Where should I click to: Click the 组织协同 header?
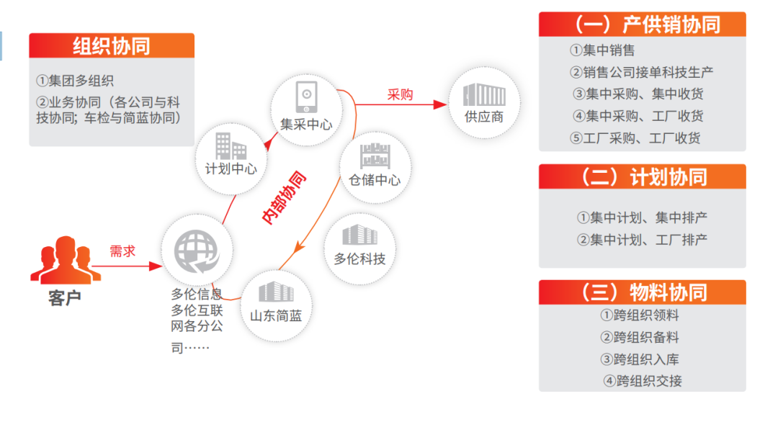click(x=112, y=46)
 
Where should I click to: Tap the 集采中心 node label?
click(x=306, y=124)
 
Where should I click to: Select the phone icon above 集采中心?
click(x=307, y=96)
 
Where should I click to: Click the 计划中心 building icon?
click(x=231, y=146)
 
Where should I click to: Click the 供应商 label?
click(x=484, y=117)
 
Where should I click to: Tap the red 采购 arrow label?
click(x=400, y=94)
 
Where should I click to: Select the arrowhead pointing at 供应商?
click(x=441, y=104)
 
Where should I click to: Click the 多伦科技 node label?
click(x=359, y=259)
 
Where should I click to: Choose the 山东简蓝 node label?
click(x=276, y=316)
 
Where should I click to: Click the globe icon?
click(x=197, y=251)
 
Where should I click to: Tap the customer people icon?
click(x=66, y=259)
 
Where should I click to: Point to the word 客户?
click(x=65, y=298)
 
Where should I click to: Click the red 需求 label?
click(x=122, y=251)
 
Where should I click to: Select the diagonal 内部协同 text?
click(x=284, y=198)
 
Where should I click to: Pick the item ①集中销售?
click(x=602, y=50)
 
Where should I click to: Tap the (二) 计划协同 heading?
click(x=644, y=177)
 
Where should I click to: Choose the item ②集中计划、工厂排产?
click(x=642, y=240)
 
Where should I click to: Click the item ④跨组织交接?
click(x=643, y=381)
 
